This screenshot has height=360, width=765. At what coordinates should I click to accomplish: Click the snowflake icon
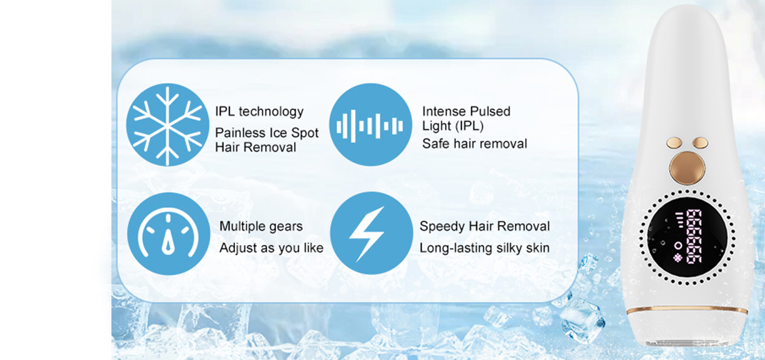point(168,125)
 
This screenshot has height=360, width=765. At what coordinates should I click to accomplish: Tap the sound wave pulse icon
point(371,125)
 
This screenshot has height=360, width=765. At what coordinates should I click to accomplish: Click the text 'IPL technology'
point(259,112)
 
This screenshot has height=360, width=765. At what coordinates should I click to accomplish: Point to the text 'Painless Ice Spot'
point(267,133)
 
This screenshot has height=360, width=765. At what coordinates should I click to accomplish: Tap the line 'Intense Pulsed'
point(466,111)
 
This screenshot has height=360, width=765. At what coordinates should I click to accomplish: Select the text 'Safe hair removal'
point(475,144)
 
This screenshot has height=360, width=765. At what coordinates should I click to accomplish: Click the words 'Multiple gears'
point(261,227)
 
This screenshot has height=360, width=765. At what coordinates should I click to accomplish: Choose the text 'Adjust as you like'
point(271,249)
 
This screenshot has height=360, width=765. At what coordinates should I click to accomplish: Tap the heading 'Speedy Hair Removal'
point(485,226)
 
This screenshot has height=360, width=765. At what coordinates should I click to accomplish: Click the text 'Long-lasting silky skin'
point(484,249)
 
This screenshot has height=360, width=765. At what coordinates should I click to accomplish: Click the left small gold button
point(674,142)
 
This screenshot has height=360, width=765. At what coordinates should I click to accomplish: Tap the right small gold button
point(700,142)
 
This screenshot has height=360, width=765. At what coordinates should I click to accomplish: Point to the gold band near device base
point(687,309)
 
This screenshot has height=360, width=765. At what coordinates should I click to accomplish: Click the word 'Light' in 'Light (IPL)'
point(437,127)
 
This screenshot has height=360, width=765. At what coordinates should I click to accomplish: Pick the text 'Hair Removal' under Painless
point(256,147)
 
